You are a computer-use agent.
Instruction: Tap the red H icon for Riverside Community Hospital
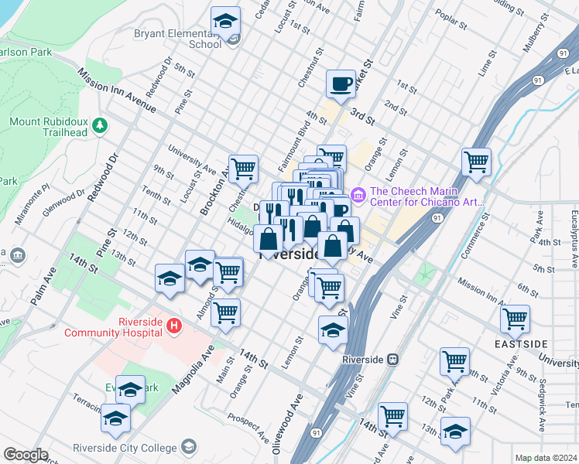(174, 327)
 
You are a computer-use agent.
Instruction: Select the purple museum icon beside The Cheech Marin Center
(358, 194)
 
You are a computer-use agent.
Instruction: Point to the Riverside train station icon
(393, 360)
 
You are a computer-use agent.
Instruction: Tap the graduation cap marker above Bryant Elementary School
(225, 22)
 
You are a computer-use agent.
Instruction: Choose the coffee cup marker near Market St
(341, 84)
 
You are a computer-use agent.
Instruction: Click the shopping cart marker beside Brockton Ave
(243, 168)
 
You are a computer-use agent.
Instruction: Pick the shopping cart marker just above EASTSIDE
(515, 318)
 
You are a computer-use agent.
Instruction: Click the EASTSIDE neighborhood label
(520, 343)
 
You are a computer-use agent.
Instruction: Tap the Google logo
(26, 455)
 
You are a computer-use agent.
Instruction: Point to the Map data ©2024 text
(546, 458)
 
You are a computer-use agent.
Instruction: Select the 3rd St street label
(361, 117)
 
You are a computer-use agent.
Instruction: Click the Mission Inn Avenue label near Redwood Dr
(117, 91)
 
